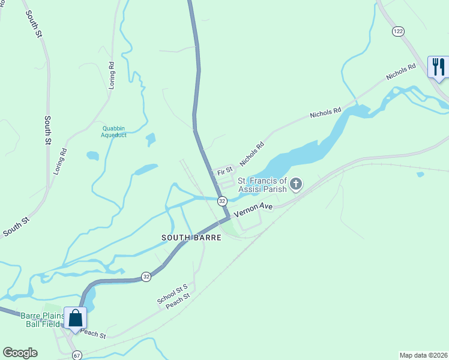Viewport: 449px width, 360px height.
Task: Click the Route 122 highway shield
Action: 397,31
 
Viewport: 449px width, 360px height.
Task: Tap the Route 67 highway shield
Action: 77,355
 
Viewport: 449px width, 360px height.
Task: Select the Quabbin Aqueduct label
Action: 114,131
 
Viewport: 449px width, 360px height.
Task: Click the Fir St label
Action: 225,172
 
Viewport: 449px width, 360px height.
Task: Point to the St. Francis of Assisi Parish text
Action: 262,185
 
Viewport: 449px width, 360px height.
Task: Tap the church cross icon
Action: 296,184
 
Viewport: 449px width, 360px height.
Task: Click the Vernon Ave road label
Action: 258,209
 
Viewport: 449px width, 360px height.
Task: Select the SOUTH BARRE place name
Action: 191,238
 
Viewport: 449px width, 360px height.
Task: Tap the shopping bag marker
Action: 76,319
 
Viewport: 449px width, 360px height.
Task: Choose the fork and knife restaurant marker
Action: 438,66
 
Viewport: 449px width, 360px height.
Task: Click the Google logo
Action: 20,353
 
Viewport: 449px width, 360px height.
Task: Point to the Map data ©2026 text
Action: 423,355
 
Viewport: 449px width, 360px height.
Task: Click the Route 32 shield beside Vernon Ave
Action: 223,200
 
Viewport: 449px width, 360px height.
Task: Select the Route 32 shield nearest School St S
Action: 146,277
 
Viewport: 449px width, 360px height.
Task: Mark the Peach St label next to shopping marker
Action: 93,334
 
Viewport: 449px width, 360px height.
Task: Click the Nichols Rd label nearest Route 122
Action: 401,73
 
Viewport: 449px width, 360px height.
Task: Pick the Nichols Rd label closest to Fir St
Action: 252,154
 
